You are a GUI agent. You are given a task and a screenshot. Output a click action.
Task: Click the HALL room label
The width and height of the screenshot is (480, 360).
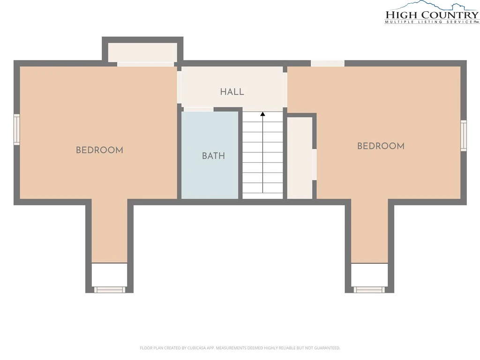(x=232, y=91)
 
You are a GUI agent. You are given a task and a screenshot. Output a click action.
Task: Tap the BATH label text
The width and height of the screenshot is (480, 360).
(x=213, y=156)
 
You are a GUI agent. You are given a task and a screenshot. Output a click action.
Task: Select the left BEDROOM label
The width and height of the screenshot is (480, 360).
(x=99, y=150)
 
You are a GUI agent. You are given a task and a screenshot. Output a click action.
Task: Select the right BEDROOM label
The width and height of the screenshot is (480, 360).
(x=381, y=146)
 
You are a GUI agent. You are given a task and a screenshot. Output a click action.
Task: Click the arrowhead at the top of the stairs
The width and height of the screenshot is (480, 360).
(x=262, y=114)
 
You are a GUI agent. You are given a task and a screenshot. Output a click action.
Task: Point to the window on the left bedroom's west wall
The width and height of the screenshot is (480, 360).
(x=17, y=129)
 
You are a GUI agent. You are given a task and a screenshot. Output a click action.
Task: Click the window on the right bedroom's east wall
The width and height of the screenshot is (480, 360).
(x=464, y=135)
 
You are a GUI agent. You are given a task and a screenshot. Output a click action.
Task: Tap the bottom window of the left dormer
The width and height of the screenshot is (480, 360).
(x=110, y=290)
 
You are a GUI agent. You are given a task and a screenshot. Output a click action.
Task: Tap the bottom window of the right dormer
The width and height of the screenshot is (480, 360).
(x=369, y=290)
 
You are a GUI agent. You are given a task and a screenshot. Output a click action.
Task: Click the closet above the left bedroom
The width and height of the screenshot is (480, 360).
(x=142, y=52)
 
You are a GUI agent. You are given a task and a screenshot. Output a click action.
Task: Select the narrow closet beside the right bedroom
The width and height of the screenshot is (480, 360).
(x=300, y=158)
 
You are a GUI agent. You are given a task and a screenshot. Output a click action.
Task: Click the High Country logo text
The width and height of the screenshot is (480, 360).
(x=432, y=15)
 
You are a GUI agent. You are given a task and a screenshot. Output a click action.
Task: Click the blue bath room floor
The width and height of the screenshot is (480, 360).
(x=210, y=155)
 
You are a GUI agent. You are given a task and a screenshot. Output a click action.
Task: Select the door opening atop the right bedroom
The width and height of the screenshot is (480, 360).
(x=328, y=63)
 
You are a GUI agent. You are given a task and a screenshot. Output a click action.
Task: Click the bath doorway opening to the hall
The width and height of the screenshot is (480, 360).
(x=199, y=109)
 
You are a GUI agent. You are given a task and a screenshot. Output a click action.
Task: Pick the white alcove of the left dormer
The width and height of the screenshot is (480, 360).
(x=110, y=275)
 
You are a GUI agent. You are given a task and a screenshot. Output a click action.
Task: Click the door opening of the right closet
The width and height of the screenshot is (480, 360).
(x=314, y=165)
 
